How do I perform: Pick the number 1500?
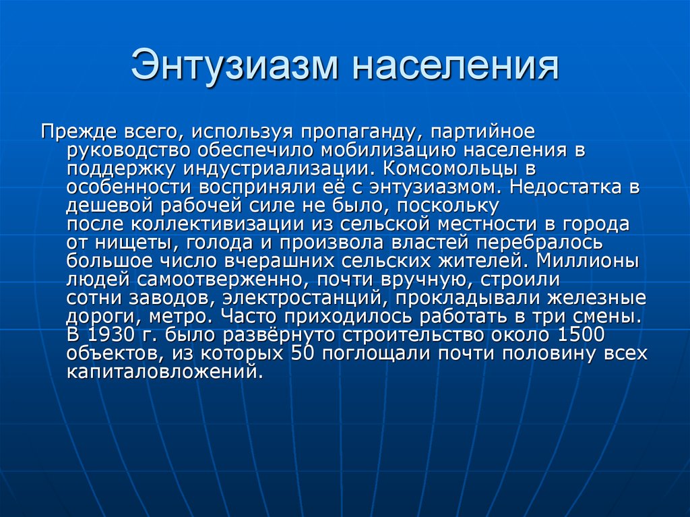pyautogui.click(x=581, y=334)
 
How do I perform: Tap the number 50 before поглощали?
pyautogui.click(x=302, y=353)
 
